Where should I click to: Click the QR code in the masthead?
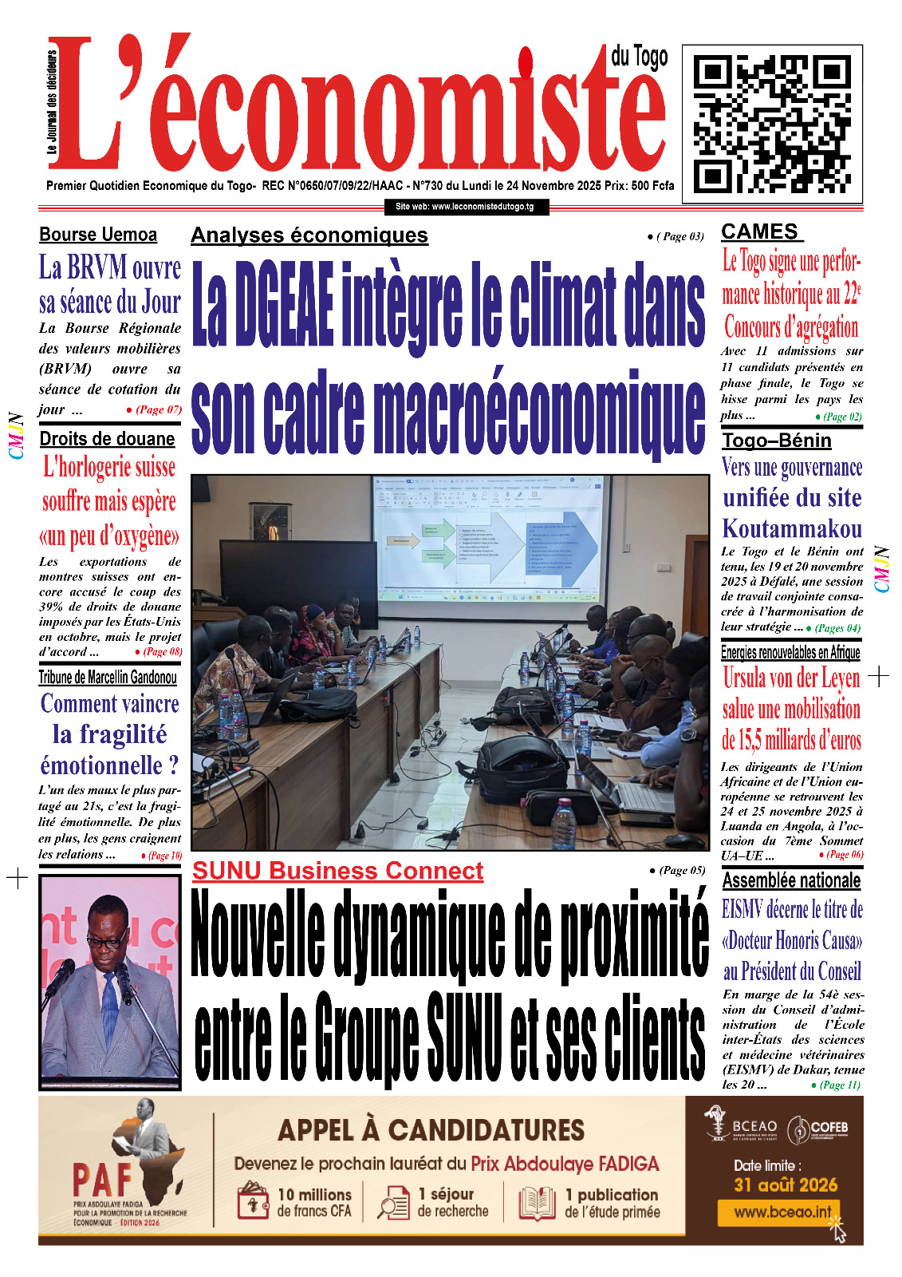click(771, 124)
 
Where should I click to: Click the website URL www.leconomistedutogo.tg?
click(465, 207)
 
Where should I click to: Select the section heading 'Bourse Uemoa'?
click(98, 235)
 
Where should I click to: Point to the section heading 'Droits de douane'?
click(107, 439)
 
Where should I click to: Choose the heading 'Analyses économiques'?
click(309, 235)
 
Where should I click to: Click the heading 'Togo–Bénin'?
click(776, 441)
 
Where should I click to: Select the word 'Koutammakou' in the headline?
click(792, 528)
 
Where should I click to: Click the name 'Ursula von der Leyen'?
click(791, 678)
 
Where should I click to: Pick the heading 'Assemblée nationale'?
click(791, 880)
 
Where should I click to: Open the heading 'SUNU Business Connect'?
click(337, 871)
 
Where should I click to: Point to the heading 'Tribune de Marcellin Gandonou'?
click(108, 678)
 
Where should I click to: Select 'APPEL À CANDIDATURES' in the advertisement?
click(431, 1130)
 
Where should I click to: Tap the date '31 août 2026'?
click(786, 1184)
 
